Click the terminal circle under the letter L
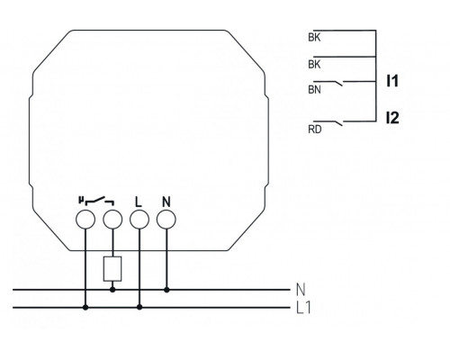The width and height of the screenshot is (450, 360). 139,218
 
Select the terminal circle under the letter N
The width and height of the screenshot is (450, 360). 166,218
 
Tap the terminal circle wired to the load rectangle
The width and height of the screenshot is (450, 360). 112,218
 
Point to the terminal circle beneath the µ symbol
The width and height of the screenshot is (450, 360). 85,218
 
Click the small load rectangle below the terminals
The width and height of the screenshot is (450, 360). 112,267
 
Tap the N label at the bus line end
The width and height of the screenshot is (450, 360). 301,290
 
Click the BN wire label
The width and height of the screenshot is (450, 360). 313,90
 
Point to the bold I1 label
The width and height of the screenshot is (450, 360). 391,81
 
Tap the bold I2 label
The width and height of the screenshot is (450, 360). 391,117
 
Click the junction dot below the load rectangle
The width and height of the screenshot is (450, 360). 112,290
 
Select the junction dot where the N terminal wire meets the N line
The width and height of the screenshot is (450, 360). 166,290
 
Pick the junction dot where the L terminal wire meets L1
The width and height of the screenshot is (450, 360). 139,307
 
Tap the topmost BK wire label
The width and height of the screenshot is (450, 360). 313,37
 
